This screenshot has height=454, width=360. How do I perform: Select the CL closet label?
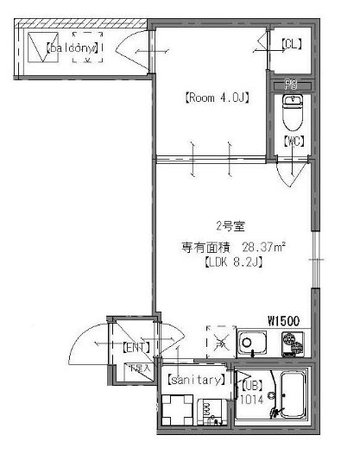click(291, 43)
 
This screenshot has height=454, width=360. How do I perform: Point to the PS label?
click(291, 85)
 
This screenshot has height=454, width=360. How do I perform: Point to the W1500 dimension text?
click(283, 320)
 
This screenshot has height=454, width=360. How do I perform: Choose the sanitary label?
click(196, 380)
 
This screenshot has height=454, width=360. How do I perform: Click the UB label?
click(253, 386)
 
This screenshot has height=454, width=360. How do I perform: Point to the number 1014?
click(253, 400)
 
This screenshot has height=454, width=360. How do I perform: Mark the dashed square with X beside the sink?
click(220, 341)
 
